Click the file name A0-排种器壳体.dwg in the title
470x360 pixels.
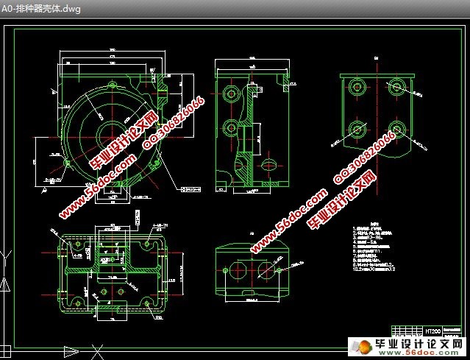tap(41, 9)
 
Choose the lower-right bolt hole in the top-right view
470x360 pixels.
tap(396, 128)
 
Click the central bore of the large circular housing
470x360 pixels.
tap(110, 136)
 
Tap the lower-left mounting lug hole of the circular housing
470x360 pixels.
tap(68, 161)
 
